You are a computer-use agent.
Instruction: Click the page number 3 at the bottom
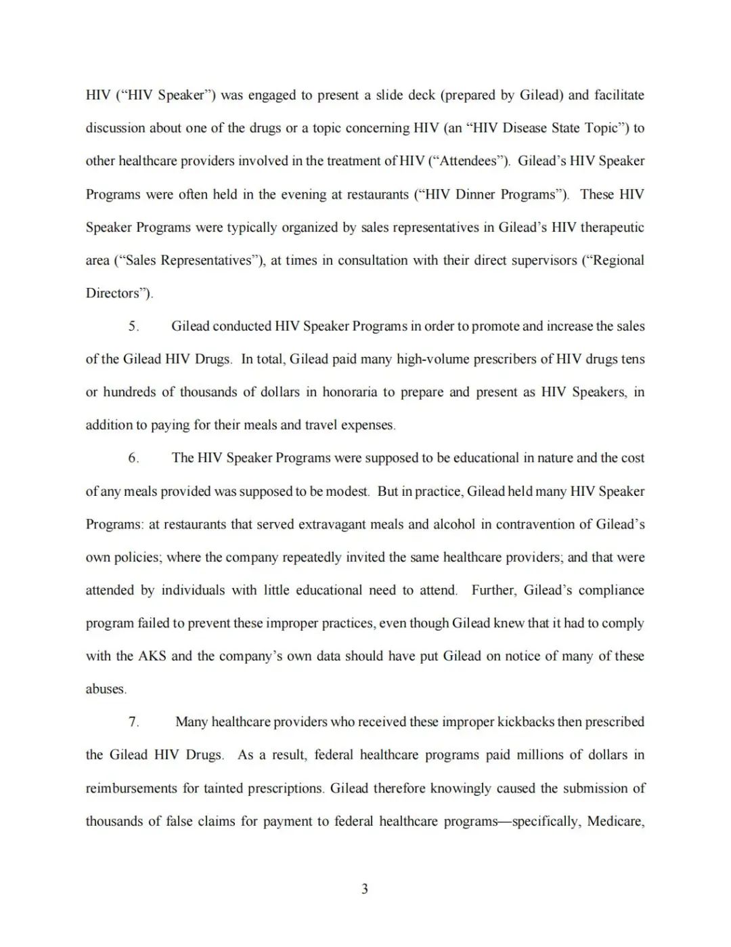pyautogui.click(x=365, y=889)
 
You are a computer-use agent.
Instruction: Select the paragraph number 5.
pyautogui.click(x=133, y=326)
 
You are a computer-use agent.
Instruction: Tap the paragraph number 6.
pyautogui.click(x=133, y=458)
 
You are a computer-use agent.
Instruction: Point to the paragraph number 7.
pyautogui.click(x=133, y=722)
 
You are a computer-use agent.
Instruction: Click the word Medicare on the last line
pyautogui.click(x=615, y=821)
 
